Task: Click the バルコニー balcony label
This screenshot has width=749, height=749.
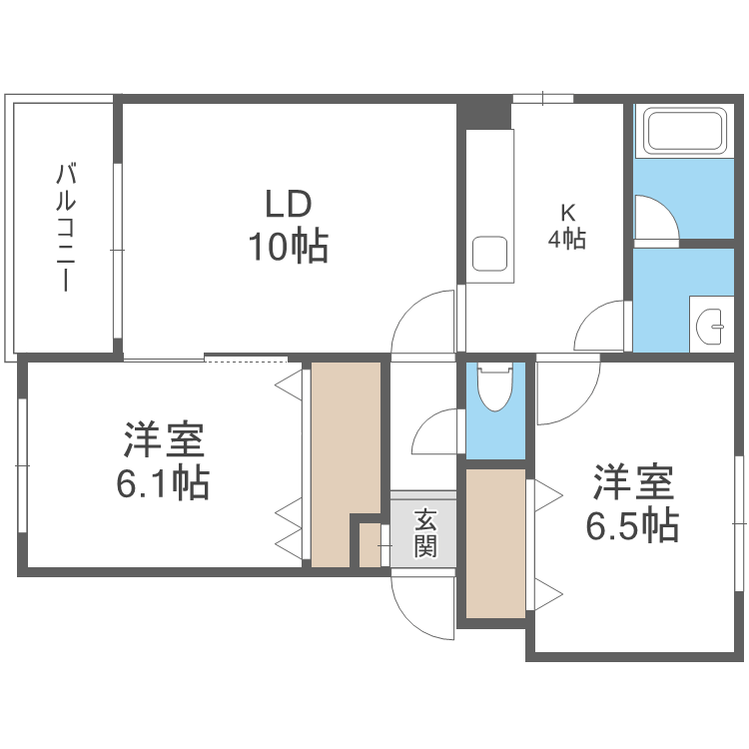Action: pyautogui.click(x=65, y=228)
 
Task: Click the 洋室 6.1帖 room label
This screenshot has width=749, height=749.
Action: pyautogui.click(x=163, y=461)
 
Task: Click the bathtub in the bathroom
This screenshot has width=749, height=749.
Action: pyautogui.click(x=684, y=131)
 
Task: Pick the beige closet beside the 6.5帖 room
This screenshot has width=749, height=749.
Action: pyautogui.click(x=495, y=544)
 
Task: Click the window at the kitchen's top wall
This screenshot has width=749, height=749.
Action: pyautogui.click(x=543, y=98)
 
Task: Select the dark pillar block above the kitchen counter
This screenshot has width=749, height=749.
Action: pyautogui.click(x=484, y=112)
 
